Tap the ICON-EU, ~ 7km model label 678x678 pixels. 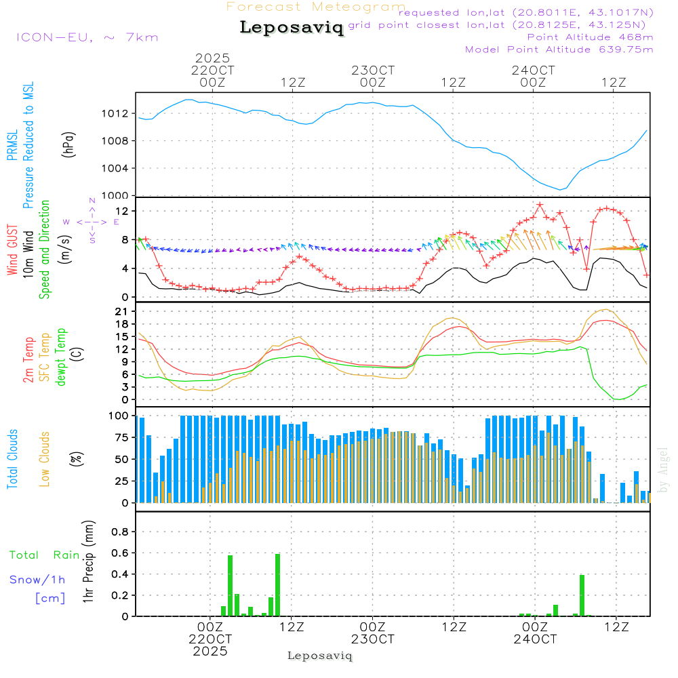(87, 37)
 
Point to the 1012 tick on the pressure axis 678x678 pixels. (117, 113)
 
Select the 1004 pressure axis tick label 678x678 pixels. (117, 168)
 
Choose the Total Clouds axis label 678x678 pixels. (12, 459)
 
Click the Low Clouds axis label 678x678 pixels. (45, 458)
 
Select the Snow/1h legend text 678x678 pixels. (38, 580)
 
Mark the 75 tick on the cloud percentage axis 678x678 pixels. (120, 437)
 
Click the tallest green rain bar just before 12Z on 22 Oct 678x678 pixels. (277, 584)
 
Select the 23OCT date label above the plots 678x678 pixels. (373, 71)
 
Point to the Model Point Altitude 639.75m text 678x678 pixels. (559, 49)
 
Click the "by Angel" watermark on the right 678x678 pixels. (663, 470)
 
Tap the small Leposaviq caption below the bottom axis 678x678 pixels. (320, 656)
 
